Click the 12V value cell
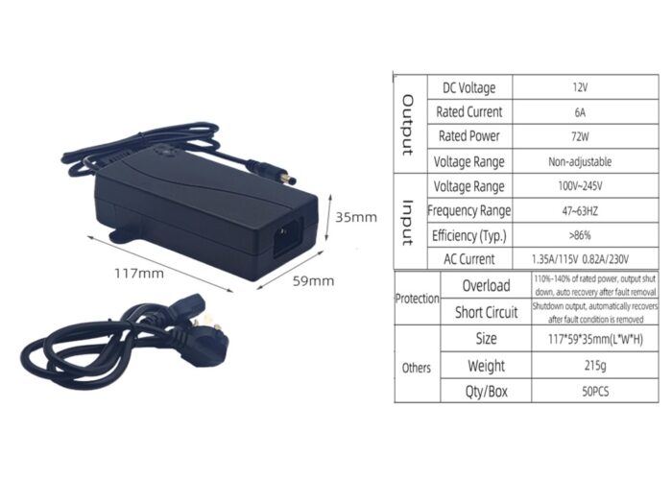(x=579, y=87)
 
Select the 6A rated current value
(x=579, y=111)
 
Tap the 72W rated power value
(x=579, y=136)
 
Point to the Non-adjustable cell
(x=579, y=161)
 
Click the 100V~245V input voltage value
(x=579, y=186)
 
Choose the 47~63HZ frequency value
(x=579, y=210)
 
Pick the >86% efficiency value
(x=579, y=235)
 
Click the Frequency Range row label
(x=469, y=210)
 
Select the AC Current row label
(x=469, y=259)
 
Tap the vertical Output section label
(x=407, y=125)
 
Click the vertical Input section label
(x=407, y=223)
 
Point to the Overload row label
(x=486, y=285)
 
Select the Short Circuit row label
(x=486, y=312)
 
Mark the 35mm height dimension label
(x=355, y=217)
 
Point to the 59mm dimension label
(x=313, y=280)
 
